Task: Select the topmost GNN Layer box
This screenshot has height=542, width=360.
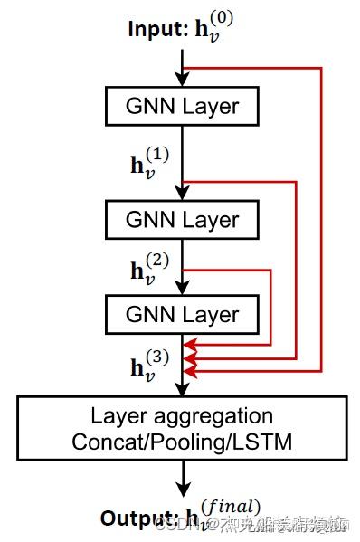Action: click(183, 106)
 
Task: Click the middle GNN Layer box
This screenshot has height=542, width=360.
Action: click(183, 219)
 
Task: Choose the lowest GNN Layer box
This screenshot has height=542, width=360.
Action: click(183, 315)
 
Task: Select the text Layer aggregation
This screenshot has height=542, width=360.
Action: click(182, 415)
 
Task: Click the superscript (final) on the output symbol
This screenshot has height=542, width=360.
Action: click(232, 507)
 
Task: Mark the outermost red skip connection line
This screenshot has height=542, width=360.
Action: click(321, 217)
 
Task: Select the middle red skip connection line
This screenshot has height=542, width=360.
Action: click(296, 271)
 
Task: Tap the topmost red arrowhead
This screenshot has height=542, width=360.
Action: click(189, 345)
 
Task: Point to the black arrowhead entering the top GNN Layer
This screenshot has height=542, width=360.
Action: click(184, 81)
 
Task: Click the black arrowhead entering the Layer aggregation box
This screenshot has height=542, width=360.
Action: click(184, 390)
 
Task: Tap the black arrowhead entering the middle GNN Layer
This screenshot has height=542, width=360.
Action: click(184, 195)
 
